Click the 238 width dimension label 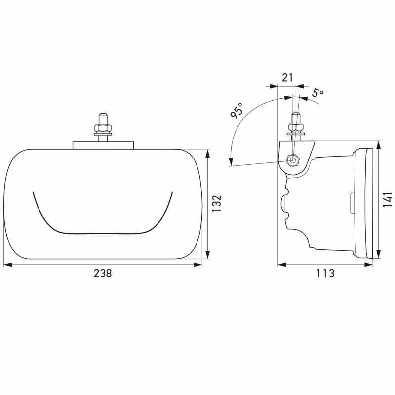103,274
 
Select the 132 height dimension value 216,203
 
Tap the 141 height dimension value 388,199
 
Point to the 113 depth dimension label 325,274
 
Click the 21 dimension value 287,78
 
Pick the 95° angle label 237,110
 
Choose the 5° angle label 318,92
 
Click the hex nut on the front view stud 103,128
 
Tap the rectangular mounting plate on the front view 103,145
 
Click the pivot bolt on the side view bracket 292,160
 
